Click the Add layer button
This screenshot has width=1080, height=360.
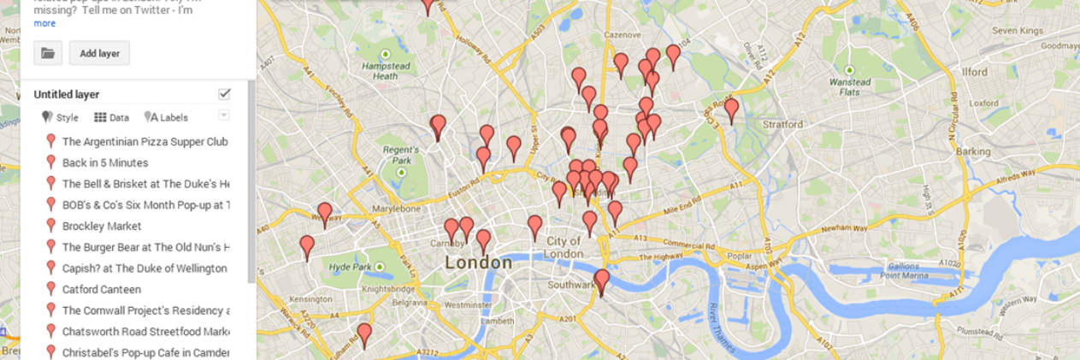99,53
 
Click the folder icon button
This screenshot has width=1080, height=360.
48,53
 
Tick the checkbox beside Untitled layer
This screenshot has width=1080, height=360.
224,94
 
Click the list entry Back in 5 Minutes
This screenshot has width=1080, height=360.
104,162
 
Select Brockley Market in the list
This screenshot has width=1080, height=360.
101,226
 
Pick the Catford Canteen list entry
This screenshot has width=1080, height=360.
101,289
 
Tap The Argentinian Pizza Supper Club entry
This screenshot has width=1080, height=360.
145,141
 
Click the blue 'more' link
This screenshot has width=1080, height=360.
44,23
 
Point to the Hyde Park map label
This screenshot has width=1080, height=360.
352,267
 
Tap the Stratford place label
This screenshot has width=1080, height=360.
778,125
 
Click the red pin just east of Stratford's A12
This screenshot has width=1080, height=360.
731,110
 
